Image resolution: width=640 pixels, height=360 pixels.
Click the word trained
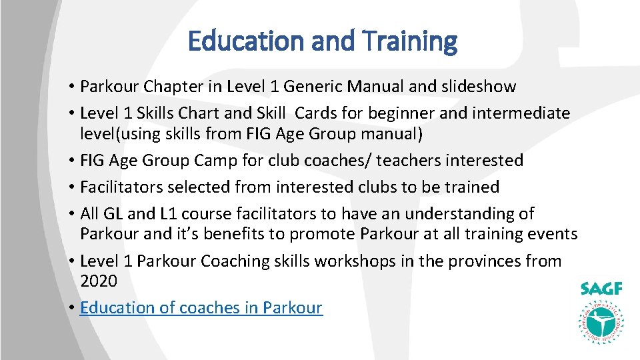469,187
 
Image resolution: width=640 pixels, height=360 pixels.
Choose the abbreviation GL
111,214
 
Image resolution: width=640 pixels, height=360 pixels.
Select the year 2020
99,281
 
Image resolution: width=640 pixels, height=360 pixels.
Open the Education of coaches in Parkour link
201,308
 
